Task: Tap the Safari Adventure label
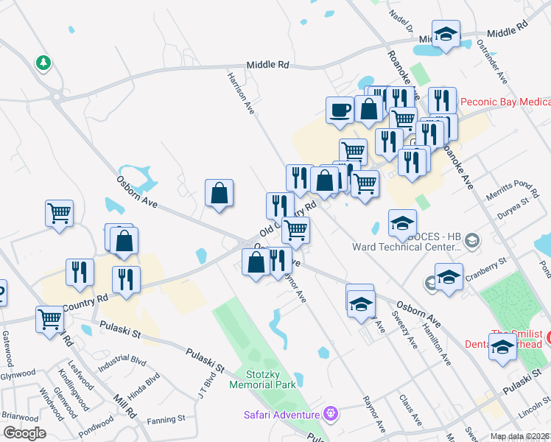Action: tap(284, 414)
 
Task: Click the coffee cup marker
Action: tap(340, 110)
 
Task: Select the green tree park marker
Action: tap(43, 63)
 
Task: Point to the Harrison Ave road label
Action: tap(241, 93)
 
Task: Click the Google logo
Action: tap(24, 433)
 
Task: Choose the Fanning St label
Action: tap(166, 420)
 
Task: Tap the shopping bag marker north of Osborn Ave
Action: tap(220, 194)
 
